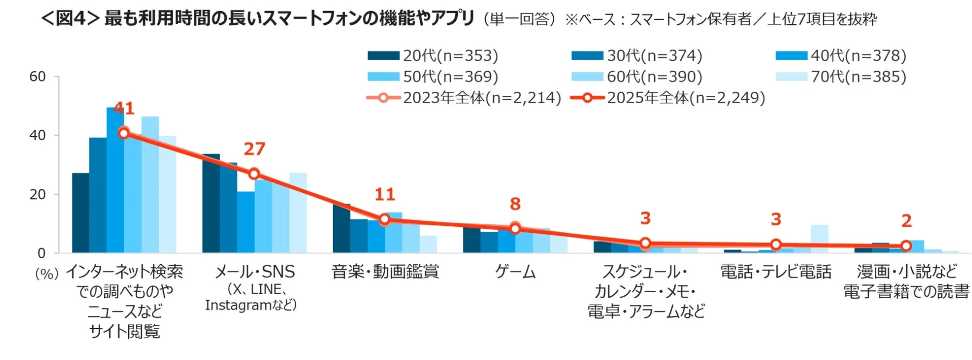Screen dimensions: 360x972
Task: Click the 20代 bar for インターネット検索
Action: tap(80, 213)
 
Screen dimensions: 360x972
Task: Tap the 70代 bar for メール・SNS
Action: tap(298, 213)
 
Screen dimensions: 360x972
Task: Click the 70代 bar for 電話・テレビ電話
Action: tap(820, 239)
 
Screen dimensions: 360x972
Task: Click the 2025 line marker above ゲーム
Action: tap(515, 229)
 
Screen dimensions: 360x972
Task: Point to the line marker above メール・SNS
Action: tap(254, 174)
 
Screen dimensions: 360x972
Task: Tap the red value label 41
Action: tap(124, 108)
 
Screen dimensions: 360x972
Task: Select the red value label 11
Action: tap(384, 194)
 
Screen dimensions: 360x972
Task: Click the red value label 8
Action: tap(515, 204)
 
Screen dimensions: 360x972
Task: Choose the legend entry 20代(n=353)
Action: tap(433, 56)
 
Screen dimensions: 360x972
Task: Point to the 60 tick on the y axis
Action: tap(37, 77)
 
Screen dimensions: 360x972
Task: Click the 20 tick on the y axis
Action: tap(37, 194)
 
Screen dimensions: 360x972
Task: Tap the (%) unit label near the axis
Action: tap(47, 274)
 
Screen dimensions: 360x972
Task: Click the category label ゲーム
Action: tap(515, 272)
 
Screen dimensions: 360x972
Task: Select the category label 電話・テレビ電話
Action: tap(776, 272)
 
